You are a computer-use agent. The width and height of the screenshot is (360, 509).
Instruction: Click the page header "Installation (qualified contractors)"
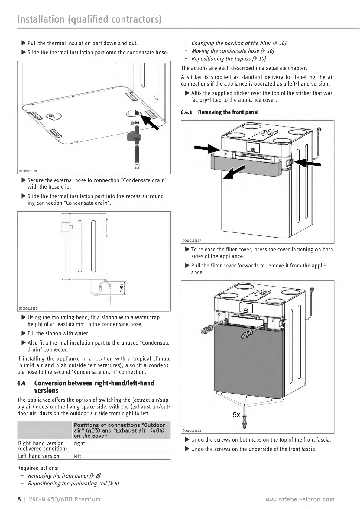(89, 19)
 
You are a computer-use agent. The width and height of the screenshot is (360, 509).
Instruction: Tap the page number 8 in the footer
(19, 499)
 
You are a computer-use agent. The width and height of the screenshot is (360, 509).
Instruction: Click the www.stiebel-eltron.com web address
(300, 499)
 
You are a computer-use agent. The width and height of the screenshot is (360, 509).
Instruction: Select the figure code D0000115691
(28, 171)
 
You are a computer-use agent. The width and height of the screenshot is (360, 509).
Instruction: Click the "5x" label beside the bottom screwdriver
(236, 415)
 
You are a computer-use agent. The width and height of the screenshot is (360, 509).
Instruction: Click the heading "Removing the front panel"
(228, 112)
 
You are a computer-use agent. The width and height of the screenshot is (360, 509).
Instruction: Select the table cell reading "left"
(77, 456)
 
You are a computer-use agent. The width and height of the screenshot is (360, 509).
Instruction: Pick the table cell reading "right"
(79, 443)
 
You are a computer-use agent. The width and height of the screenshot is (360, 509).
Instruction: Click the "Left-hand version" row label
(39, 456)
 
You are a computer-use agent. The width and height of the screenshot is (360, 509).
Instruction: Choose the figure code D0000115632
(28, 308)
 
